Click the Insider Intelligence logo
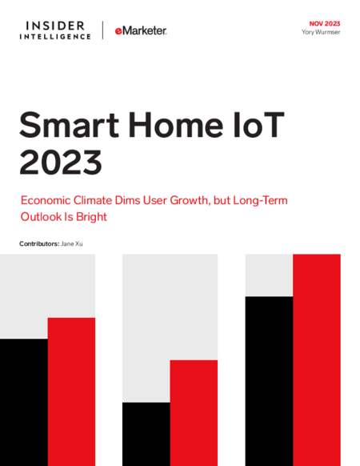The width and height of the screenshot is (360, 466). point(55,30)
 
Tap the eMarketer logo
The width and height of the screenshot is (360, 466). point(141,30)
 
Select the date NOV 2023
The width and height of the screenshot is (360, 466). point(325,24)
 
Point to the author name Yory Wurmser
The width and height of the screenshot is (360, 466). point(321,32)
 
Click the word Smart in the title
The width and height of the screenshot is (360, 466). point(70,125)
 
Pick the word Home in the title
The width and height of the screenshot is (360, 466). point(175,125)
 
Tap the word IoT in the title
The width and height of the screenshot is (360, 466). point(258,125)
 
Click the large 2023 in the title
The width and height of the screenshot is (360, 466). point(61,163)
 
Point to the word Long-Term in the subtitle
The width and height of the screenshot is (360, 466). point(260,201)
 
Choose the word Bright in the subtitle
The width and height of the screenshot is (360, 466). point(91,217)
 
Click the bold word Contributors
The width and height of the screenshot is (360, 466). point(39,243)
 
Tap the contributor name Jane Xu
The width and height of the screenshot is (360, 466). point(71,243)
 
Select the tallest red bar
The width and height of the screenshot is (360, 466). point(317,360)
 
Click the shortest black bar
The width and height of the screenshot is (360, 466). point(146,434)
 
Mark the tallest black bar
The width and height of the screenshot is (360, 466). point(269,381)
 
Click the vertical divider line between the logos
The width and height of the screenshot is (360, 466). point(102,30)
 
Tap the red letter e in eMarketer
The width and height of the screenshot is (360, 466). point(118,31)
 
